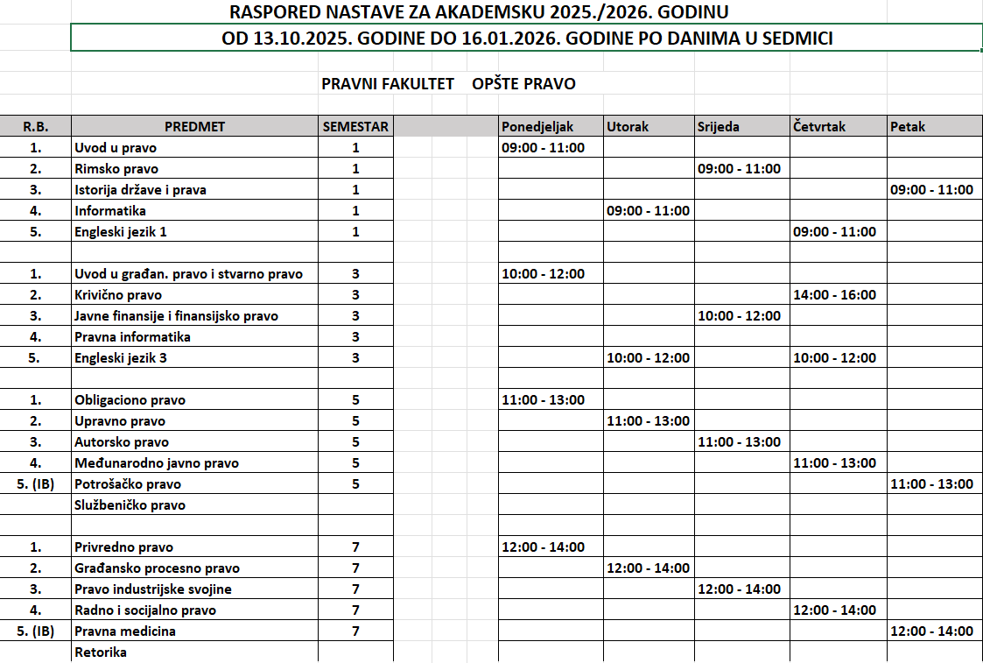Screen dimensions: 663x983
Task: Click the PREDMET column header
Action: click(194, 126)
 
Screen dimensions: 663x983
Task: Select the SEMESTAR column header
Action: click(355, 126)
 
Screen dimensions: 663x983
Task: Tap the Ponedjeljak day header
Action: click(537, 126)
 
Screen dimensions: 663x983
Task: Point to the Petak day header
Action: click(908, 126)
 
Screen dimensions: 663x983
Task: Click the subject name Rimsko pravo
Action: click(116, 169)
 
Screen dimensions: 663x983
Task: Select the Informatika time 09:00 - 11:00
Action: click(648, 211)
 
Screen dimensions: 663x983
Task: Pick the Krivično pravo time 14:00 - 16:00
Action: click(834, 295)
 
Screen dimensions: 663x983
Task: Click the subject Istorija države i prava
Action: click(140, 190)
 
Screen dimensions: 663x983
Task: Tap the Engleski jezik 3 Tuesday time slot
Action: click(648, 358)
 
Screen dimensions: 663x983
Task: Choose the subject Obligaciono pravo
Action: click(130, 400)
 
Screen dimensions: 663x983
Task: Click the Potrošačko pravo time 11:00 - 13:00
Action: click(931, 484)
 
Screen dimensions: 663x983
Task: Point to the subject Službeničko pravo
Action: click(130, 505)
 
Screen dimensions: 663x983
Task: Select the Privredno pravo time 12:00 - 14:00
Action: click(543, 547)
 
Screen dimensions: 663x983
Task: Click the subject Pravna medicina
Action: click(125, 631)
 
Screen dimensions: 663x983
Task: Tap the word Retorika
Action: click(101, 652)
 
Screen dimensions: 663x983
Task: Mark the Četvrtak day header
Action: click(819, 126)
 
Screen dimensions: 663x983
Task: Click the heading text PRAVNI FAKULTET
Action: click(388, 84)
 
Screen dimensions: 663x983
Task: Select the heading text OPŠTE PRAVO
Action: click(523, 84)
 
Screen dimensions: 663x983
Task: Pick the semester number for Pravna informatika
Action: click(355, 337)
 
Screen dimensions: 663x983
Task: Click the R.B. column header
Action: click(36, 126)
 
